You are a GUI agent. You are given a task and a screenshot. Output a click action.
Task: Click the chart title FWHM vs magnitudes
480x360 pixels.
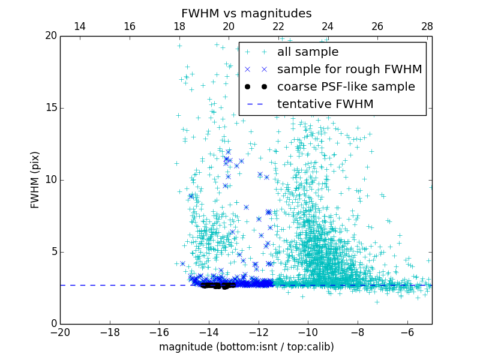point(246,13)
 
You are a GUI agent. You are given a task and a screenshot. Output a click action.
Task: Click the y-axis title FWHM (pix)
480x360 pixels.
point(35,179)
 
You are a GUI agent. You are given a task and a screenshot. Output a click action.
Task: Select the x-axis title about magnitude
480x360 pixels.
point(246,347)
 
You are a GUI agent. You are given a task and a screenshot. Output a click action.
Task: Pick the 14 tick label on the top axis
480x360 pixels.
point(79,26)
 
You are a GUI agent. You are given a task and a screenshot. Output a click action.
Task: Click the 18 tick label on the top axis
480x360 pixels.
point(179,26)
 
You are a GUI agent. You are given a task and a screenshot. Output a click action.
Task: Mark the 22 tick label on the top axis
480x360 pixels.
point(278,26)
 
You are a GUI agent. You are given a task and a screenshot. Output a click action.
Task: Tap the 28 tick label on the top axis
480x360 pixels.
point(427,26)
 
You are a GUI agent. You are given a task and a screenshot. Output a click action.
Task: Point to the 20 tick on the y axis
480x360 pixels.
point(50,36)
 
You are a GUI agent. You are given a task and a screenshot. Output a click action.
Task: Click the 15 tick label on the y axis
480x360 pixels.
point(50,108)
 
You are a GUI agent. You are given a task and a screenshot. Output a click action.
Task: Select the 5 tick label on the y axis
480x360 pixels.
point(53,251)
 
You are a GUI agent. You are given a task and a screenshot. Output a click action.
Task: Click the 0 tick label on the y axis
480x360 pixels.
point(53,323)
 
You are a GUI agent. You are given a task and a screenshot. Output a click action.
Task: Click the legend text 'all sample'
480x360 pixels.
point(307,52)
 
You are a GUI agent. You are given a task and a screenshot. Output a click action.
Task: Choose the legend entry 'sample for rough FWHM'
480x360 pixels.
point(349,70)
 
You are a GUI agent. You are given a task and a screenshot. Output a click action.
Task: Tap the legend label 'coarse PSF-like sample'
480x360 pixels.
point(346,87)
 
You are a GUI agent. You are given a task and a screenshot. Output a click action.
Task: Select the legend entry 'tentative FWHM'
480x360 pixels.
point(325,104)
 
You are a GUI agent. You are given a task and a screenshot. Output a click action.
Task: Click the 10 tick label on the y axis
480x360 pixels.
point(50,179)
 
